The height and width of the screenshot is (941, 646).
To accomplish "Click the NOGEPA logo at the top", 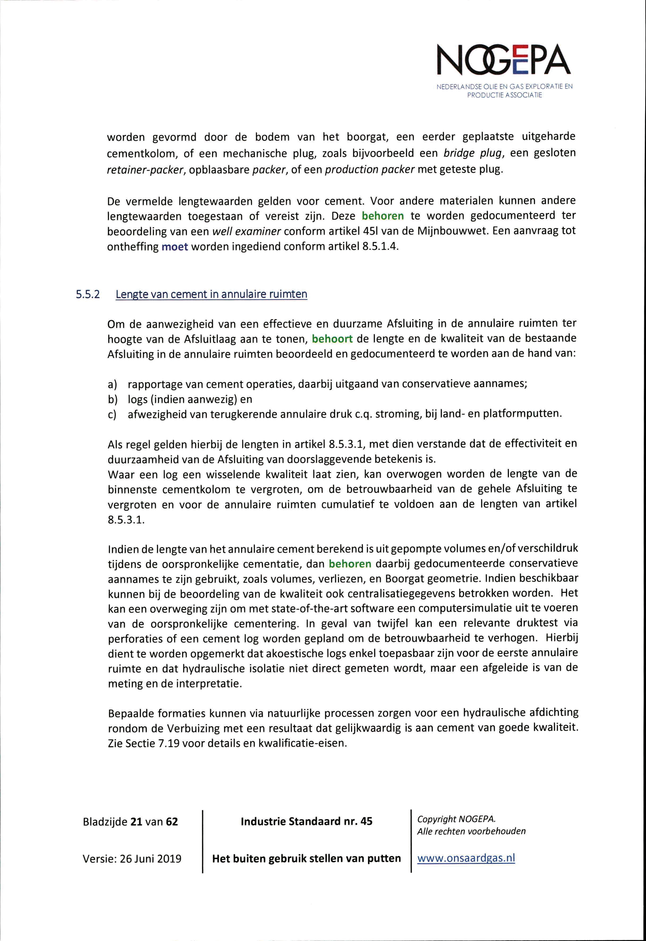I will coord(504,61).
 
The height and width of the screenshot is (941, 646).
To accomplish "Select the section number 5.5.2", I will coord(88,294).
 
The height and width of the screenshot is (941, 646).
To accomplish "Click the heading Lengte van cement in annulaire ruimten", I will coord(211,294).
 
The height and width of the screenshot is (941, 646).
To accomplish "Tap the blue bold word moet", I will coord(175,247).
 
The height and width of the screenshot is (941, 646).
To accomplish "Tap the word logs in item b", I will coord(138,399).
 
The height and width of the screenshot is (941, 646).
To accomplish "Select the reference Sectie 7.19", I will coord(144,744).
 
